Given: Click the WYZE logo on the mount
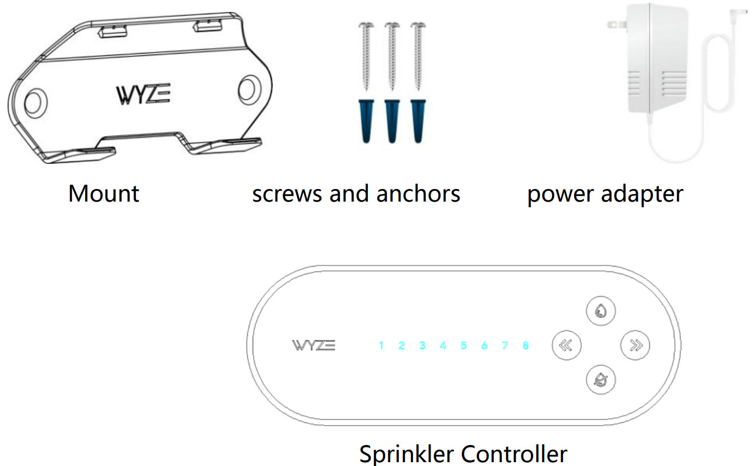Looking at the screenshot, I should pos(143,95).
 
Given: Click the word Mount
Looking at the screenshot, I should pos(104,194).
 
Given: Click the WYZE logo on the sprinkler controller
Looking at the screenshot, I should pos(314,345).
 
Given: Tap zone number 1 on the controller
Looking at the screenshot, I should pos(381,345).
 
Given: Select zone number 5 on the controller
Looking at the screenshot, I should pos(463,345).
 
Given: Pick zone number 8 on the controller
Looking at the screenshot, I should pos(525,345).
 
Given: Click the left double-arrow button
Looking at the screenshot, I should pos(566,345).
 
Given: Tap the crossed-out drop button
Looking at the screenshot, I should pos(601,379).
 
